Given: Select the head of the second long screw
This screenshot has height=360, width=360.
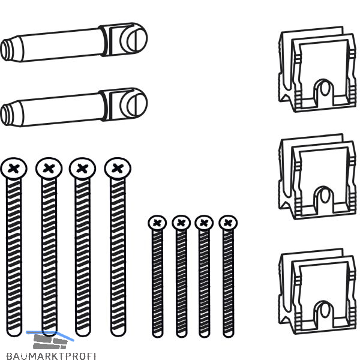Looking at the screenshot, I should pyautogui.click(x=49, y=168).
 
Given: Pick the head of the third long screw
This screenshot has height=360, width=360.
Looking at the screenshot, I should pyautogui.click(x=83, y=168).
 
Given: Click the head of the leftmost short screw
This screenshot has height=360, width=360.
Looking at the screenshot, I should pyautogui.click(x=157, y=223).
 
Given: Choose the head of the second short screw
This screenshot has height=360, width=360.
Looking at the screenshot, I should pyautogui.click(x=181, y=223).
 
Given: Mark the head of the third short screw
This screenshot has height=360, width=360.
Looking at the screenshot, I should pyautogui.click(x=204, y=223).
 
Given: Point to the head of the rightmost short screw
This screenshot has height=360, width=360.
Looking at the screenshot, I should pyautogui.click(x=227, y=223).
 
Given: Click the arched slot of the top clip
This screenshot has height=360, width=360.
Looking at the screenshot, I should pyautogui.click(x=324, y=90).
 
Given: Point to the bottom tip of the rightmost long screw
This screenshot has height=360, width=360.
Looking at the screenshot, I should pyautogui.click(x=118, y=332).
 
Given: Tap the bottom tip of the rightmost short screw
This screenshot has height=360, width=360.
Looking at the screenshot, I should pyautogui.click(x=228, y=334).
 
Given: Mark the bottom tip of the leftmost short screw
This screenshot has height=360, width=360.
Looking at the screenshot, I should pyautogui.click(x=158, y=334).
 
